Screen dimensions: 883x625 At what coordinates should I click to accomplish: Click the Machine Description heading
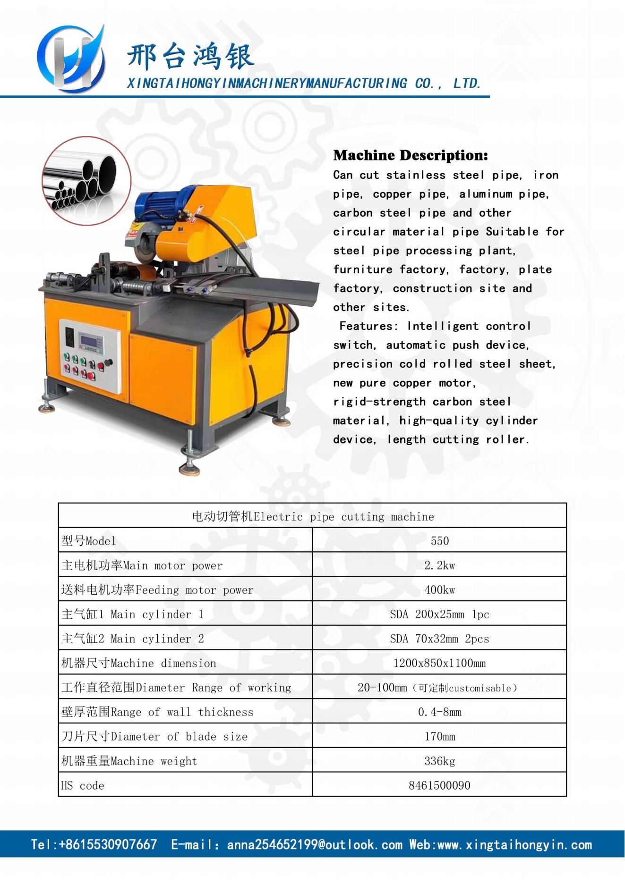(x=410, y=155)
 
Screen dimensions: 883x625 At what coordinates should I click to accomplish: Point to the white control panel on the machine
(x=90, y=355)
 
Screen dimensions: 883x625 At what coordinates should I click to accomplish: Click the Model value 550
(x=439, y=541)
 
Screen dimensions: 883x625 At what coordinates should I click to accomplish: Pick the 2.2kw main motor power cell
(x=439, y=565)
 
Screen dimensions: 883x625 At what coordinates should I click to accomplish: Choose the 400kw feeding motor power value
(x=439, y=590)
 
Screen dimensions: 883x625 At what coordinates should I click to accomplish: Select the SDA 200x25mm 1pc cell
(x=439, y=614)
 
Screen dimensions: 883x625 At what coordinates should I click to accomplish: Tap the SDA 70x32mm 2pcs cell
(x=439, y=639)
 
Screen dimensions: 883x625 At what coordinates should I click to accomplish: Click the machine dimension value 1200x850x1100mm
(x=439, y=663)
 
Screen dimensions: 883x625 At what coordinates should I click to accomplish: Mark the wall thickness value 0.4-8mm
(x=439, y=712)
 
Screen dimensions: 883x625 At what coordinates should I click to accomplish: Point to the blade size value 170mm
(x=439, y=737)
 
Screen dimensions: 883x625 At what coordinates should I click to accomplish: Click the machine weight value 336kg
(x=439, y=761)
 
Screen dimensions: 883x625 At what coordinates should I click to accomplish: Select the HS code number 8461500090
(x=439, y=786)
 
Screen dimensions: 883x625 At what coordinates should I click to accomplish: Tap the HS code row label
(x=83, y=786)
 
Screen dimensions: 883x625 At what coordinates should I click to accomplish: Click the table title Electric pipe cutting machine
(x=313, y=517)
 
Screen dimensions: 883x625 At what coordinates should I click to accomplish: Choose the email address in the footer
(x=315, y=845)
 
